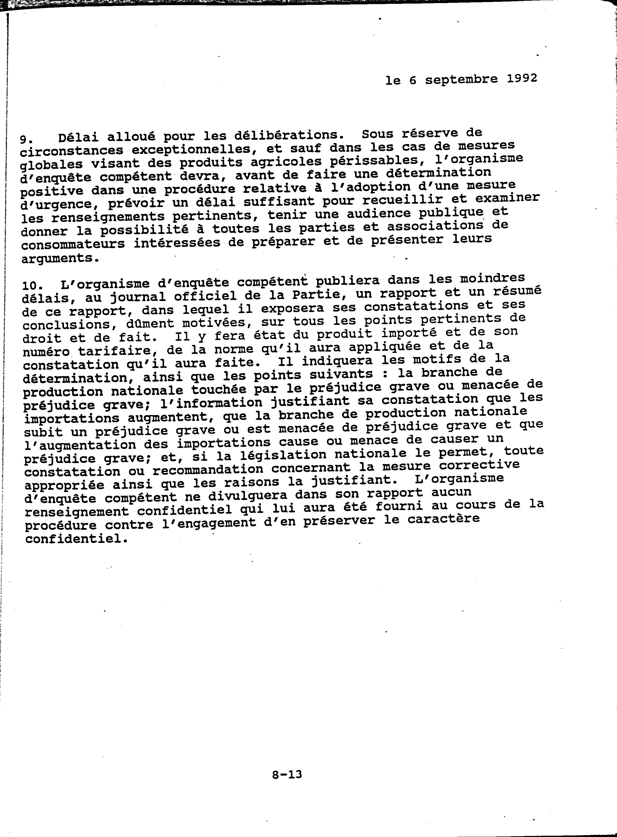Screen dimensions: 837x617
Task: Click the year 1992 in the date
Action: [522, 78]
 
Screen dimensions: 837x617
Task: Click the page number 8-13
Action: [287, 775]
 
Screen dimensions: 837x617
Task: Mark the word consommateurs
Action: [73, 244]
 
